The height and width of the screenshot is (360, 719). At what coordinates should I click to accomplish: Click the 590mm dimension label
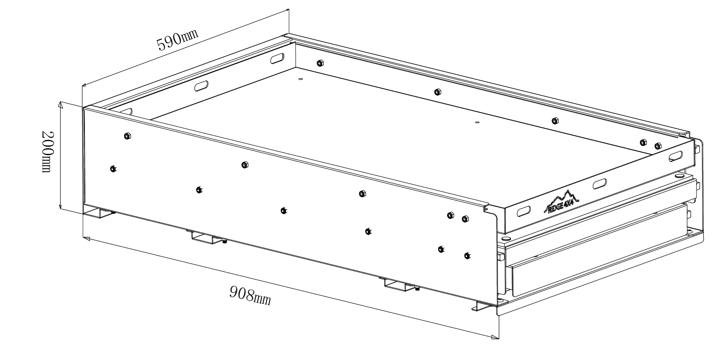point(177,39)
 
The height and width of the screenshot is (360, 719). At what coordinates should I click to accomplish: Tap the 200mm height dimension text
point(47,151)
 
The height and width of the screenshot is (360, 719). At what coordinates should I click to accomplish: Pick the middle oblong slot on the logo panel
point(600,184)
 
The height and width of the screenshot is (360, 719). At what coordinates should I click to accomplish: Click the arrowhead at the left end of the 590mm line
point(85,84)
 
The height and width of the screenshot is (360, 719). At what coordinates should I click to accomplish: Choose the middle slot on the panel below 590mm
point(201,86)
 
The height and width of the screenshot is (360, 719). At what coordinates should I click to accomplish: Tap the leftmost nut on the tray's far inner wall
point(320,63)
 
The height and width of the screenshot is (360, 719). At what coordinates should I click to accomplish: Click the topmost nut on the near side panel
point(127,135)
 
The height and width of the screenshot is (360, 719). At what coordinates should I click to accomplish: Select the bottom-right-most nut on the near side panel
point(466,256)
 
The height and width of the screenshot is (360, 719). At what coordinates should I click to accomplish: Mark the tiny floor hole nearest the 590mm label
point(300,79)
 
